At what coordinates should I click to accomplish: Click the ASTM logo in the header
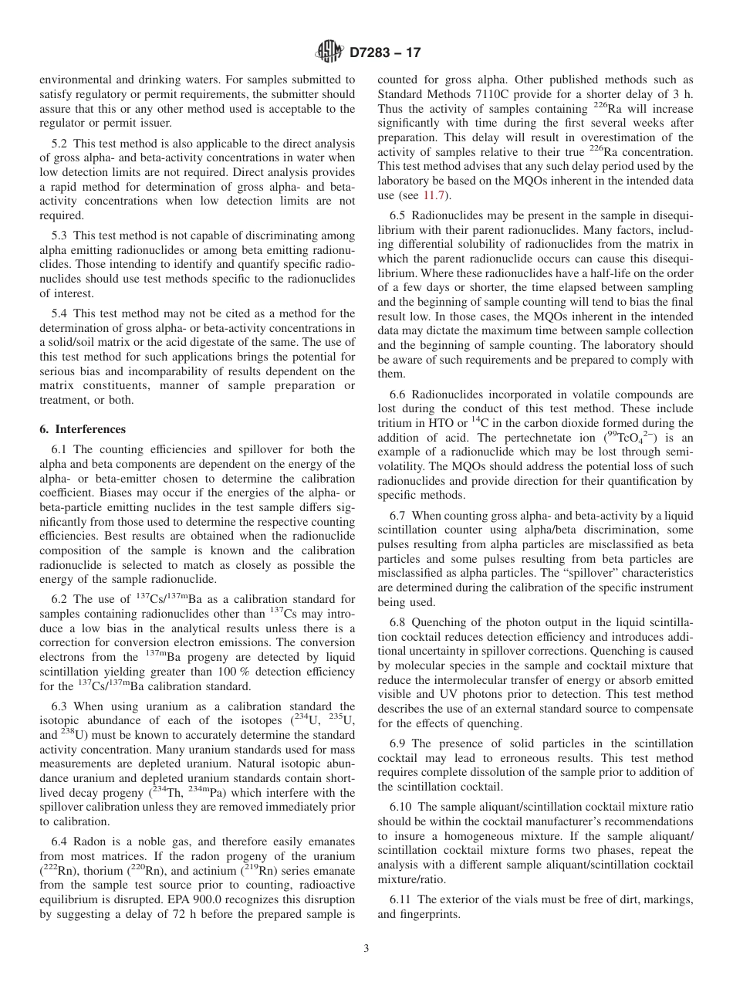point(329,52)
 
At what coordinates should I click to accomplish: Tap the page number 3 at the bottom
point(366,949)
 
